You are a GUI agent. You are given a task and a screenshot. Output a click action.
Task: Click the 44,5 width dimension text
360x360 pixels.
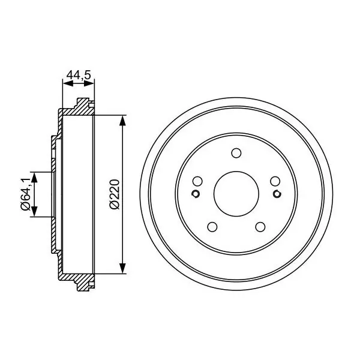pos(79,75)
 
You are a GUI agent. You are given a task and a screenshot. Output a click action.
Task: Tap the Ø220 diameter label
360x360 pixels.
pos(115,194)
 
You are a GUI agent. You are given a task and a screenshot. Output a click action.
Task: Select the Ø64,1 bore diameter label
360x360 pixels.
pos(25,194)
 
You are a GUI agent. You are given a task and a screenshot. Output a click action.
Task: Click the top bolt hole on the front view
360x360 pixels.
pos(236,153)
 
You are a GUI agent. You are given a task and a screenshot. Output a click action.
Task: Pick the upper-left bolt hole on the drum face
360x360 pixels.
pos(197,181)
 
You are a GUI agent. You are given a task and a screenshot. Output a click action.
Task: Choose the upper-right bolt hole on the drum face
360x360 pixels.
pos(275,181)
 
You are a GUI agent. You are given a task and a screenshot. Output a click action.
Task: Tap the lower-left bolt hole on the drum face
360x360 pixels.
pos(212,227)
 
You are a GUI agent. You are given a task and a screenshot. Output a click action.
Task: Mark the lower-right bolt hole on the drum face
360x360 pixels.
pos(260,227)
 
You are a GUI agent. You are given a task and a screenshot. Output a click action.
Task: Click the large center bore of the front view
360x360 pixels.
pos(236,194)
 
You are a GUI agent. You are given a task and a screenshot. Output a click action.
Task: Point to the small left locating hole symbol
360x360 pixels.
pos(196,194)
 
